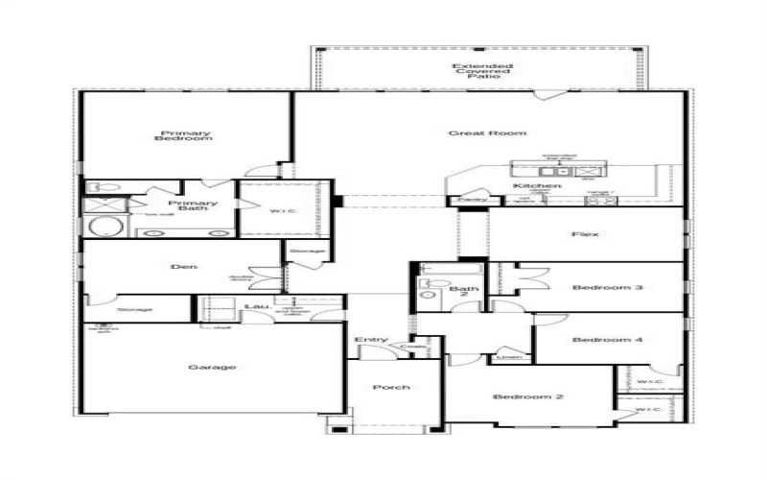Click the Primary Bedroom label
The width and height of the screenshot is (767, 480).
click(x=186, y=136)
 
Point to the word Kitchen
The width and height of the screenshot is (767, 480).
click(x=536, y=185)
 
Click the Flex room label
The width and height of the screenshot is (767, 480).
click(x=585, y=234)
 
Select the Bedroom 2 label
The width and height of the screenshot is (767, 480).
click(x=527, y=397)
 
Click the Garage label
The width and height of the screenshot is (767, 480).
click(x=212, y=367)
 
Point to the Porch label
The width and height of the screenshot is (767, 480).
click(x=392, y=387)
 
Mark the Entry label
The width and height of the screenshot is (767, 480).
click(x=371, y=340)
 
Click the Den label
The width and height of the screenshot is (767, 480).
click(x=184, y=266)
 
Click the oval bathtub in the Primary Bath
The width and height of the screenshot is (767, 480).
click(x=106, y=228)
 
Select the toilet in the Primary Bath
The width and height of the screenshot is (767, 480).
click(x=105, y=187)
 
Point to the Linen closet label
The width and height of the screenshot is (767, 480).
click(x=511, y=357)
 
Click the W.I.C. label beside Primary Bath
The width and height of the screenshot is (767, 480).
click(x=280, y=212)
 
